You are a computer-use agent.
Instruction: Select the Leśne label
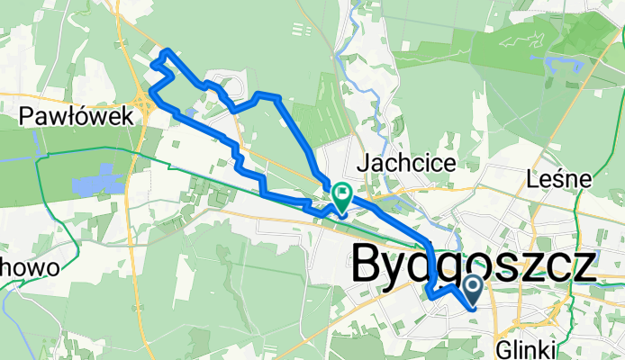559,179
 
